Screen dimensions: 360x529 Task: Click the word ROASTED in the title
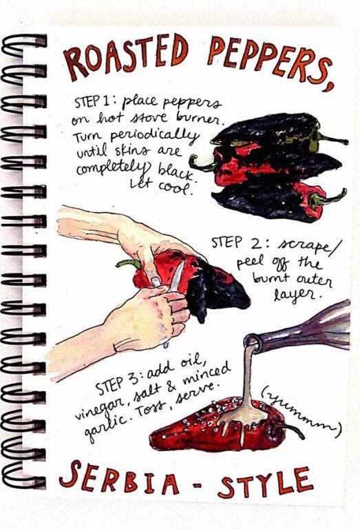click(x=125, y=57)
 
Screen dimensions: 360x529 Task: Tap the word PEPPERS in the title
click(x=264, y=58)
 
